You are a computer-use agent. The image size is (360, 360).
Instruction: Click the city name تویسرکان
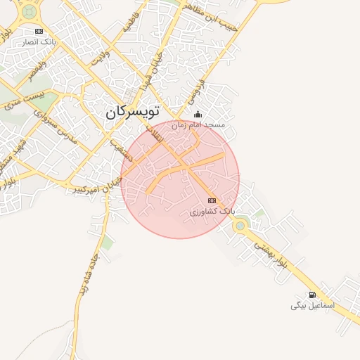[133, 111]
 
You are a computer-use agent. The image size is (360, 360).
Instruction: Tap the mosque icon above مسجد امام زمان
[198, 115]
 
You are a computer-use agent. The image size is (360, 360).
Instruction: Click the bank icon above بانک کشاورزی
[212, 201]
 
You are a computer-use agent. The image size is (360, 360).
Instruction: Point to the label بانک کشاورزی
[212, 211]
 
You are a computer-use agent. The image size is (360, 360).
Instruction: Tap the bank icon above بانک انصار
[39, 31]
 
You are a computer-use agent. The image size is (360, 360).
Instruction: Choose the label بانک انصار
[39, 41]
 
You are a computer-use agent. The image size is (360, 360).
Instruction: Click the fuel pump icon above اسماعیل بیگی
[312, 295]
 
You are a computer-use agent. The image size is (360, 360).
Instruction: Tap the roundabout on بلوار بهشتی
[240, 226]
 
